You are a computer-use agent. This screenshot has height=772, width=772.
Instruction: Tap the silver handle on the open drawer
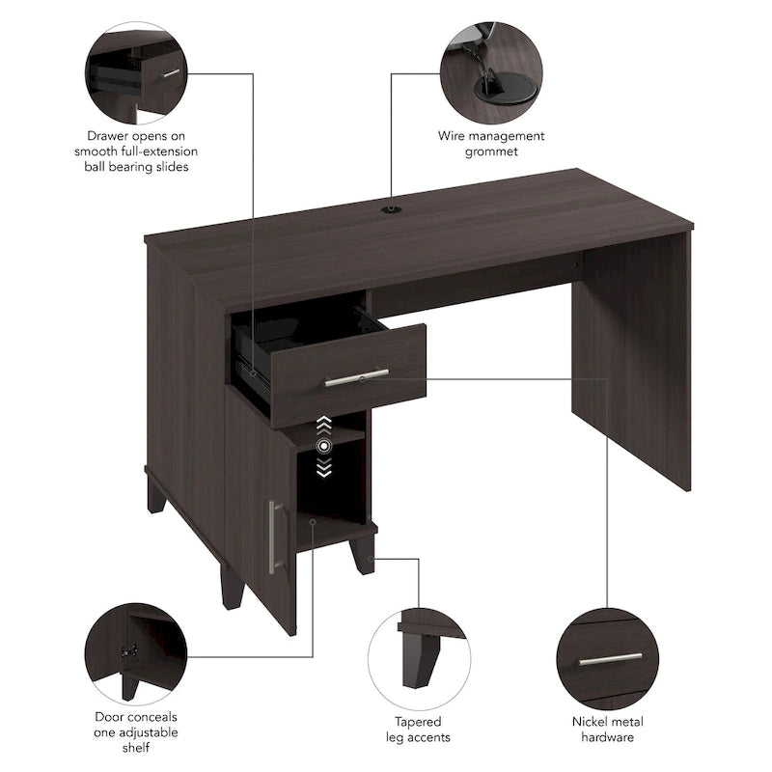(356, 377)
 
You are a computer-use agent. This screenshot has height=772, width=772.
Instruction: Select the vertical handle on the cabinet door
(273, 537)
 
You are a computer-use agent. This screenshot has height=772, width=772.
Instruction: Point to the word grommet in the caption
(491, 152)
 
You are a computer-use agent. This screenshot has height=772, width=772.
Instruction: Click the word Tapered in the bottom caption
(418, 721)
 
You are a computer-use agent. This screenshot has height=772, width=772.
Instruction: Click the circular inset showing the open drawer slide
(136, 72)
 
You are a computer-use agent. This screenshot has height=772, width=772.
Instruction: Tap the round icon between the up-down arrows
(325, 445)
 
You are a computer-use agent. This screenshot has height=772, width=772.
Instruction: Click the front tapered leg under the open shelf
(362, 554)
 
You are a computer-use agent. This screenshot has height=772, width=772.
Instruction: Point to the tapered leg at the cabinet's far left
(155, 494)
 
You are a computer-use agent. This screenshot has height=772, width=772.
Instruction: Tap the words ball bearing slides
(136, 166)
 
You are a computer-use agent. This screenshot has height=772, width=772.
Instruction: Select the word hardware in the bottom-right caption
(607, 737)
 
